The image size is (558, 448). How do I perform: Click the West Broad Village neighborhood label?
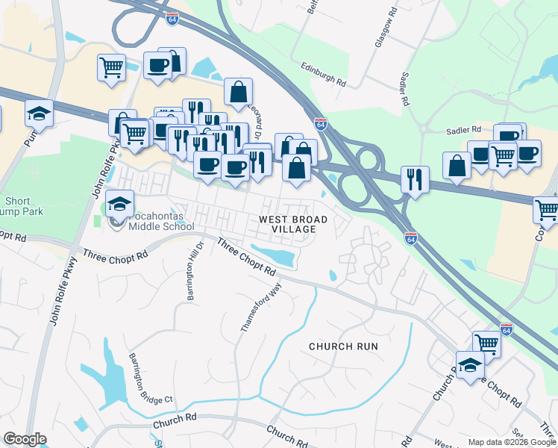click(x=293, y=224)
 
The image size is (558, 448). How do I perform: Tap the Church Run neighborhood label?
click(x=344, y=346)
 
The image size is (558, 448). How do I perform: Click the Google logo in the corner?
click(x=25, y=439)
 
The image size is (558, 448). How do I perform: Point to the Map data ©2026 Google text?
click(x=512, y=442)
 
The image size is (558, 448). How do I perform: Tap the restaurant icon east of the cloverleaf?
click(x=414, y=179)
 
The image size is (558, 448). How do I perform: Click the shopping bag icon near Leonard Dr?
click(x=238, y=92)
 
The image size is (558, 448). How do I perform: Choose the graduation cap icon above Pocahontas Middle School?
click(x=119, y=203)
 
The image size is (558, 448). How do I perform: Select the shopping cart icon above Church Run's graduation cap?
click(x=486, y=343)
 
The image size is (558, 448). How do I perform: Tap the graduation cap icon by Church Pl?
click(x=470, y=366)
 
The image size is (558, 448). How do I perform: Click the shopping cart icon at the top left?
click(x=111, y=68)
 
